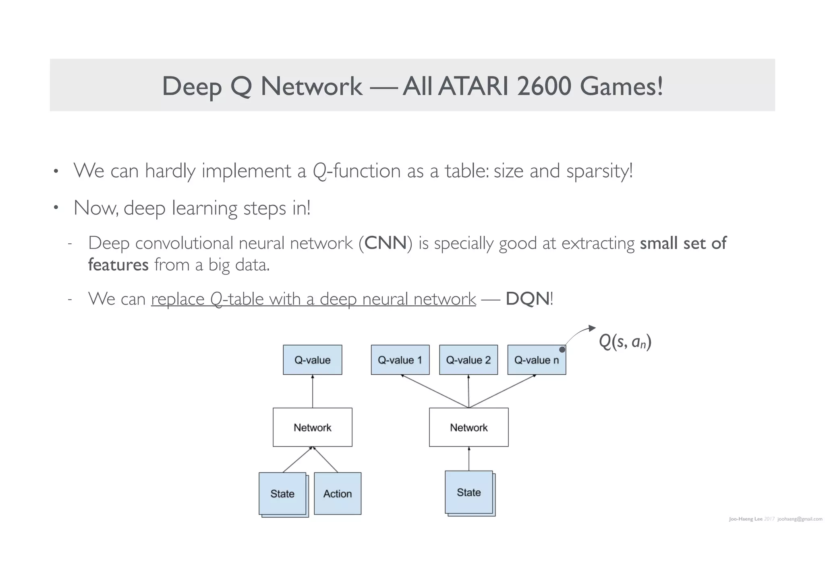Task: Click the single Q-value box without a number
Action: point(312,360)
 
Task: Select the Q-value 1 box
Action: point(400,360)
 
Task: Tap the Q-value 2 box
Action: point(468,360)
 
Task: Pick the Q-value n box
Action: point(536,360)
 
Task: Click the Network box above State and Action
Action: point(312,427)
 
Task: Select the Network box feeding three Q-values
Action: point(468,427)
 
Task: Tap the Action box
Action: point(338,494)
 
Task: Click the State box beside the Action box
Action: point(282,494)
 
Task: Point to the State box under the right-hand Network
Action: point(469,492)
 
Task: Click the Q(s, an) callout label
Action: point(625,342)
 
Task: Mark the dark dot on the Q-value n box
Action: point(562,349)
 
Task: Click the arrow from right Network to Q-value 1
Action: point(435,391)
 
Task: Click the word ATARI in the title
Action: point(473,86)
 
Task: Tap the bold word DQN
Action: point(527,299)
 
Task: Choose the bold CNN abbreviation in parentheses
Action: point(386,243)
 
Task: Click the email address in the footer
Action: point(800,519)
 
